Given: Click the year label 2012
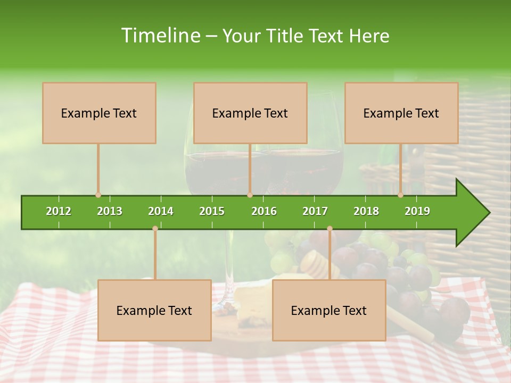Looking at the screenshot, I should tap(59, 211).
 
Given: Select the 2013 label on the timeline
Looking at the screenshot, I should tap(110, 211).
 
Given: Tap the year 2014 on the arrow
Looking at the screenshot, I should tap(161, 211).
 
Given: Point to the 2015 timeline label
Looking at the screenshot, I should tap(212, 211).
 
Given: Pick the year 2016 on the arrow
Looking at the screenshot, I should tap(264, 211).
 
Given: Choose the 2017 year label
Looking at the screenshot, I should tap(315, 211).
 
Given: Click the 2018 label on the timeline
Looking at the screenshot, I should tap(366, 211).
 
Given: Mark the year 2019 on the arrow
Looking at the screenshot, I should tap(417, 211).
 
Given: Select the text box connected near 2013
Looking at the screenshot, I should tap(99, 113).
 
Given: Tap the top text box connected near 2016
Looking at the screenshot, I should tap(250, 113).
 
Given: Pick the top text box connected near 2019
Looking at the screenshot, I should tap(401, 113).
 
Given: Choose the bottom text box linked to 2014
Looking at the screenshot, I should tap(154, 310).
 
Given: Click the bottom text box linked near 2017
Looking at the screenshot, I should tap(329, 310).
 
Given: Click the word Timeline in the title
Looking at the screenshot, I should tap(160, 36).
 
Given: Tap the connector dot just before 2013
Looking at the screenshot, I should tap(98, 195).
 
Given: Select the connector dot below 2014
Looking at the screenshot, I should tap(155, 228).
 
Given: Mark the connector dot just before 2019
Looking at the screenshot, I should tap(400, 195).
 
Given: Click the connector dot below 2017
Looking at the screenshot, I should tap(329, 228).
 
